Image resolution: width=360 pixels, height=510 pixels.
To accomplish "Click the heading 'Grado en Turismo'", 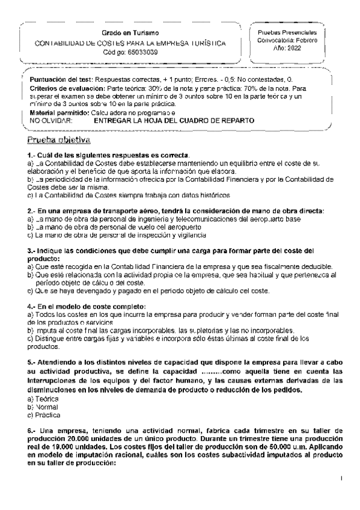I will [x=130, y=32].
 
